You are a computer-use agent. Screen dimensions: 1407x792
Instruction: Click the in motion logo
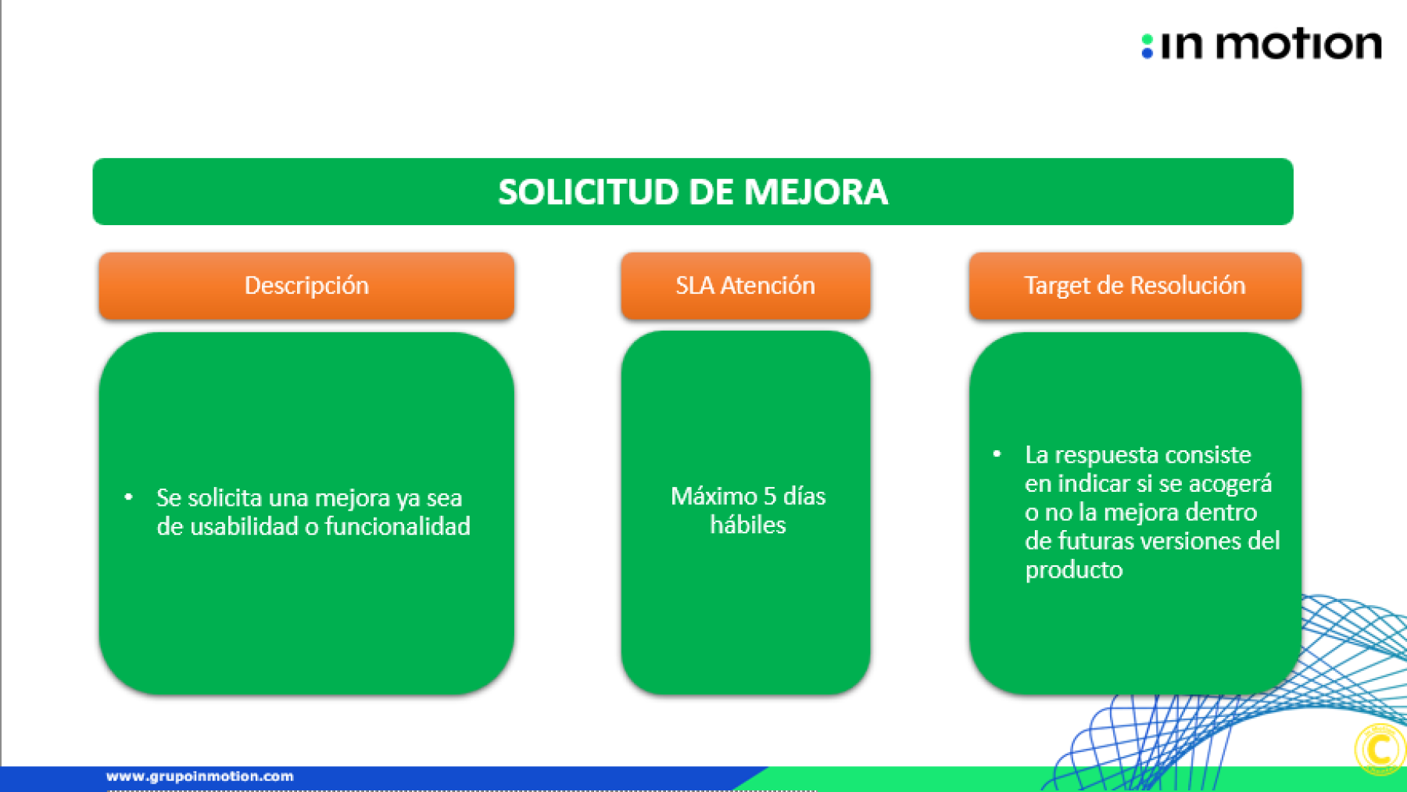(1261, 45)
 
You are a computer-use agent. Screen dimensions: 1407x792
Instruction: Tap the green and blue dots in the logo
(1147, 46)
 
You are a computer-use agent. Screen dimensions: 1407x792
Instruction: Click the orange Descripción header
(306, 286)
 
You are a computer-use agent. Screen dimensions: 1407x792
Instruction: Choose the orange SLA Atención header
(746, 286)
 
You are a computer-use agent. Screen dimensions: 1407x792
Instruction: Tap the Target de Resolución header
(1135, 286)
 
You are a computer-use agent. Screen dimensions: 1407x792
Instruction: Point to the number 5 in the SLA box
(769, 496)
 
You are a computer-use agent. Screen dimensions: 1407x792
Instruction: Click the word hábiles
(748, 525)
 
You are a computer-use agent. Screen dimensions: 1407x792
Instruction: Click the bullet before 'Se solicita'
(129, 496)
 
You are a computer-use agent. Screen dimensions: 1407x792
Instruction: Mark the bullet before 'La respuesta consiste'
(997, 453)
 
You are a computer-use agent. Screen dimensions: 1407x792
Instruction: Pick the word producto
(1074, 570)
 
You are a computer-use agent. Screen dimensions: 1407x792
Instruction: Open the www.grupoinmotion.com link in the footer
(200, 776)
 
